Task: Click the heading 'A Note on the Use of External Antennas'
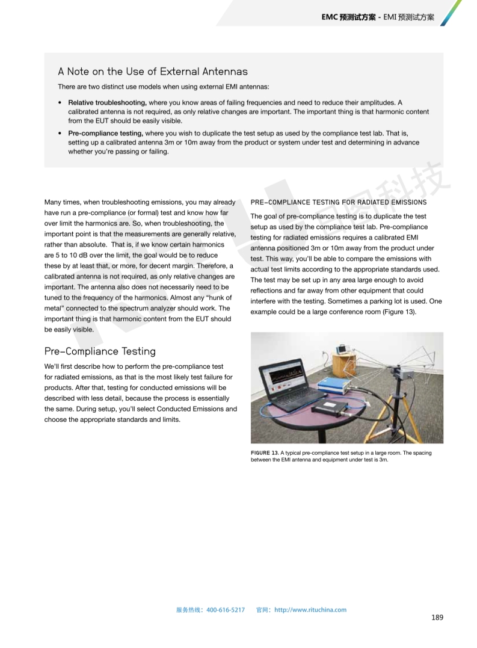tap(152, 72)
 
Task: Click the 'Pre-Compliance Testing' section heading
tap(99, 351)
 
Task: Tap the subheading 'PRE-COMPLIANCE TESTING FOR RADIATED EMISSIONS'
tap(338, 202)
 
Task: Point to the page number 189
tap(437, 618)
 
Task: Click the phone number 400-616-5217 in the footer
tap(225, 609)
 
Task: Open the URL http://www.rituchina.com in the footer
tap(310, 609)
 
